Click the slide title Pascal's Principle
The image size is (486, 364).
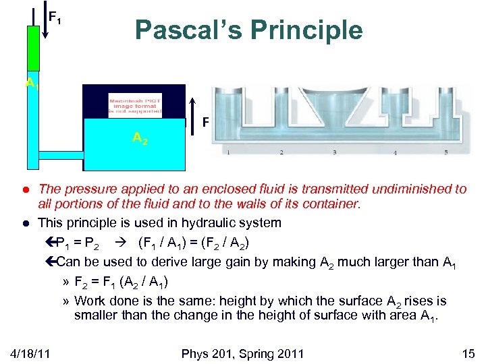(248, 30)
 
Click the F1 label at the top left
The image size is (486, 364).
(55, 16)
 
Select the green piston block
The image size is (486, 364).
(33, 48)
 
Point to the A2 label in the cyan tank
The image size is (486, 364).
(140, 138)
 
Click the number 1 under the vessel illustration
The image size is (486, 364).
(227, 152)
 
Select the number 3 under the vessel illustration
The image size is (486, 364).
(334, 152)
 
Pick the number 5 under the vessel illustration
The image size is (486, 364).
(446, 152)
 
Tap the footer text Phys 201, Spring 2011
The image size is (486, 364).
(242, 353)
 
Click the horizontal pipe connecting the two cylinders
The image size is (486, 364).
(61, 154)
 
